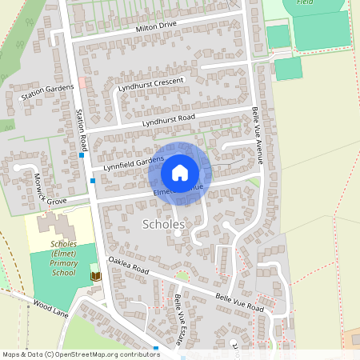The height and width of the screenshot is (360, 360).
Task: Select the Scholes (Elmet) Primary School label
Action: click(x=63, y=258)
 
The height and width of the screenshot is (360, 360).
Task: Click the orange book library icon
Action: click(x=96, y=275)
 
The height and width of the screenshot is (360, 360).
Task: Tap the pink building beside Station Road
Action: click(x=82, y=83)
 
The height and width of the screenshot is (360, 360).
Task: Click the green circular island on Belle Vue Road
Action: click(x=182, y=277)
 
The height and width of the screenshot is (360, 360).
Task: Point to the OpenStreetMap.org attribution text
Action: click(x=104, y=354)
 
